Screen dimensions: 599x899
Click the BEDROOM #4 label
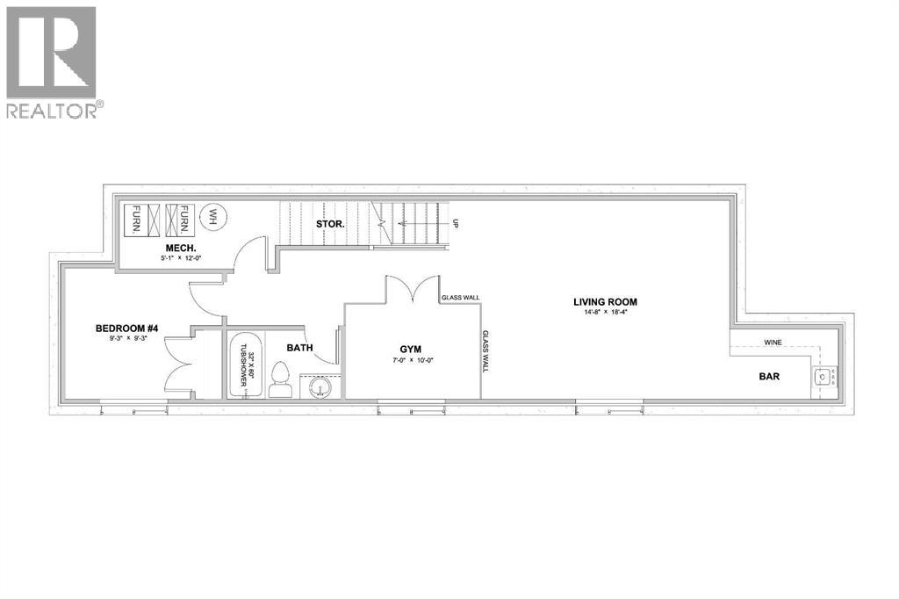(126, 329)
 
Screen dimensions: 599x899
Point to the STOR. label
(329, 224)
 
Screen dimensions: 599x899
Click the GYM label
(411, 349)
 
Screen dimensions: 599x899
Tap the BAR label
(769, 376)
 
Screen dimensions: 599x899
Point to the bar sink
(823, 379)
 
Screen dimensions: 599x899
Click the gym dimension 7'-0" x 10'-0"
(411, 360)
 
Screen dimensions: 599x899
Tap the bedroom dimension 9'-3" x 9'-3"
(126, 340)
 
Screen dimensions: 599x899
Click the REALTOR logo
(52, 61)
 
